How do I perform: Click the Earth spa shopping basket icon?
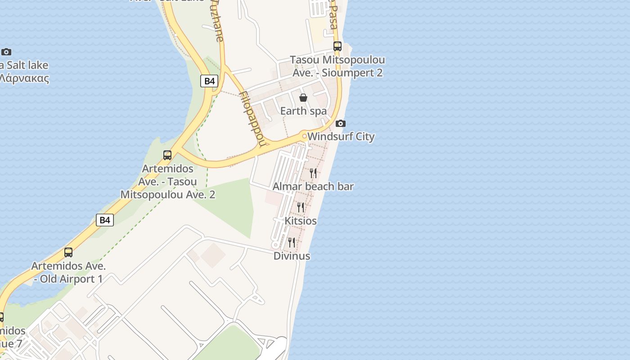(303, 98)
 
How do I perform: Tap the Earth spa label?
(303, 111)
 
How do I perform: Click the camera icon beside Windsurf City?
(341, 123)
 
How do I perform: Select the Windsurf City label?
(341, 136)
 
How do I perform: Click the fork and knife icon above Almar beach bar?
(314, 173)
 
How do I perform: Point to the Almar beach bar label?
(313, 186)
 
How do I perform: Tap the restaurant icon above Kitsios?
(301, 207)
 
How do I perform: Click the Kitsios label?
(301, 221)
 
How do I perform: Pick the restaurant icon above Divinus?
(292, 243)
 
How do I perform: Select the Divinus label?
(292, 256)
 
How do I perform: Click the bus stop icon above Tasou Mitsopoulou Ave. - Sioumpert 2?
(337, 46)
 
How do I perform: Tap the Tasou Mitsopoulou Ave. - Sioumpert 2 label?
(337, 66)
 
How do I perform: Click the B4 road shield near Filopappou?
(209, 81)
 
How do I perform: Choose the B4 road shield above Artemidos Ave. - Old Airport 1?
(104, 220)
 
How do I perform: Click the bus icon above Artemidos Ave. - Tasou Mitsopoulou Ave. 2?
(167, 155)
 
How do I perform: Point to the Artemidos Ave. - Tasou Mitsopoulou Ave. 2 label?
(168, 182)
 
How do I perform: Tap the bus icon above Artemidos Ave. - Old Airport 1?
(68, 252)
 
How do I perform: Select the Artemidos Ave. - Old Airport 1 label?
(68, 272)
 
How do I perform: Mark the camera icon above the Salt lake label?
(6, 52)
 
